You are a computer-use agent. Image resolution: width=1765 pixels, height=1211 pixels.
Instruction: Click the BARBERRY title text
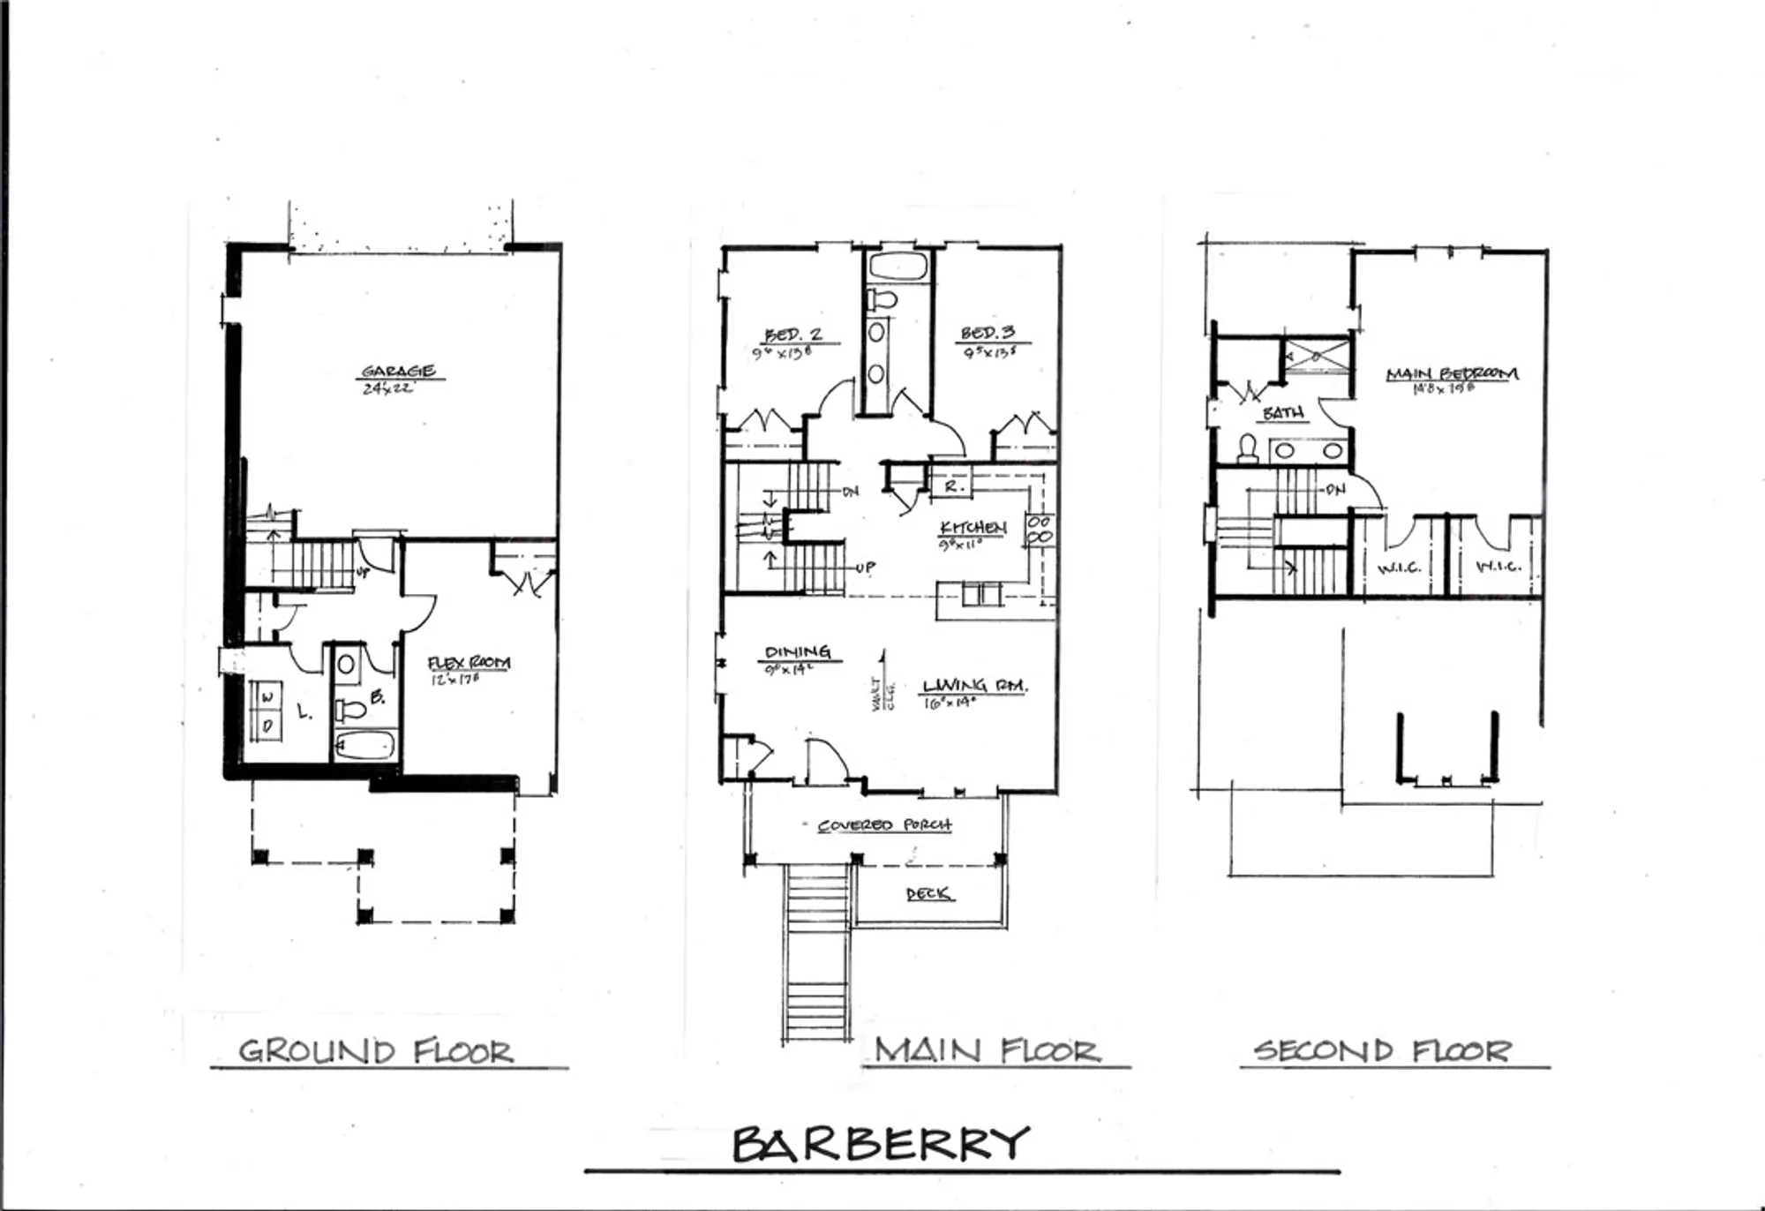point(881,1144)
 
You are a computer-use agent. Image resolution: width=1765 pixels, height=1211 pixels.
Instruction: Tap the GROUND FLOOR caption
point(377,1051)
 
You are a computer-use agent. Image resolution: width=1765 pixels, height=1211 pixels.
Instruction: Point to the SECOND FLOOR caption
point(1382,1050)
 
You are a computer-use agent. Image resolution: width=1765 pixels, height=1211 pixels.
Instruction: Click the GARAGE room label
point(398,372)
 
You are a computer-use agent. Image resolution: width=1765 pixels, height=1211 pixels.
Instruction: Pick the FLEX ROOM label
point(469,663)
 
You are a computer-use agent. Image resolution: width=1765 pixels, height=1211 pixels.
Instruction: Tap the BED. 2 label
point(792,335)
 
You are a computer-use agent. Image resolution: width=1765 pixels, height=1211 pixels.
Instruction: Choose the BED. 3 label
point(988,333)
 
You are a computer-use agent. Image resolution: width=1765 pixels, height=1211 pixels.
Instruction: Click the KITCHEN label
point(973,528)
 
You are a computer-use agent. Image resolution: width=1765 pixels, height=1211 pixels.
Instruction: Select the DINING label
point(798,652)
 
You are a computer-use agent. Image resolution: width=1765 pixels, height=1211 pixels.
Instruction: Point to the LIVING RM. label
point(975,686)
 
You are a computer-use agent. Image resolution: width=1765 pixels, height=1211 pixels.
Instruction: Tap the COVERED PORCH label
point(884,825)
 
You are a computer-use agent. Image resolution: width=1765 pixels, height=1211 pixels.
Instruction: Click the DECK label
point(928,894)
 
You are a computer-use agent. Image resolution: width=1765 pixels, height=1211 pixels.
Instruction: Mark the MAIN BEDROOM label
point(1452,374)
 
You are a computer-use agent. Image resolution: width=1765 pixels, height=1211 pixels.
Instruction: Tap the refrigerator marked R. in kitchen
point(952,486)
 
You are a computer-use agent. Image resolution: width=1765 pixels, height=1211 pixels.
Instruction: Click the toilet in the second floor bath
point(1248,448)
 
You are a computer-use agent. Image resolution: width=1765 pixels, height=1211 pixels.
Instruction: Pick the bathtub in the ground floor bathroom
point(364,746)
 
